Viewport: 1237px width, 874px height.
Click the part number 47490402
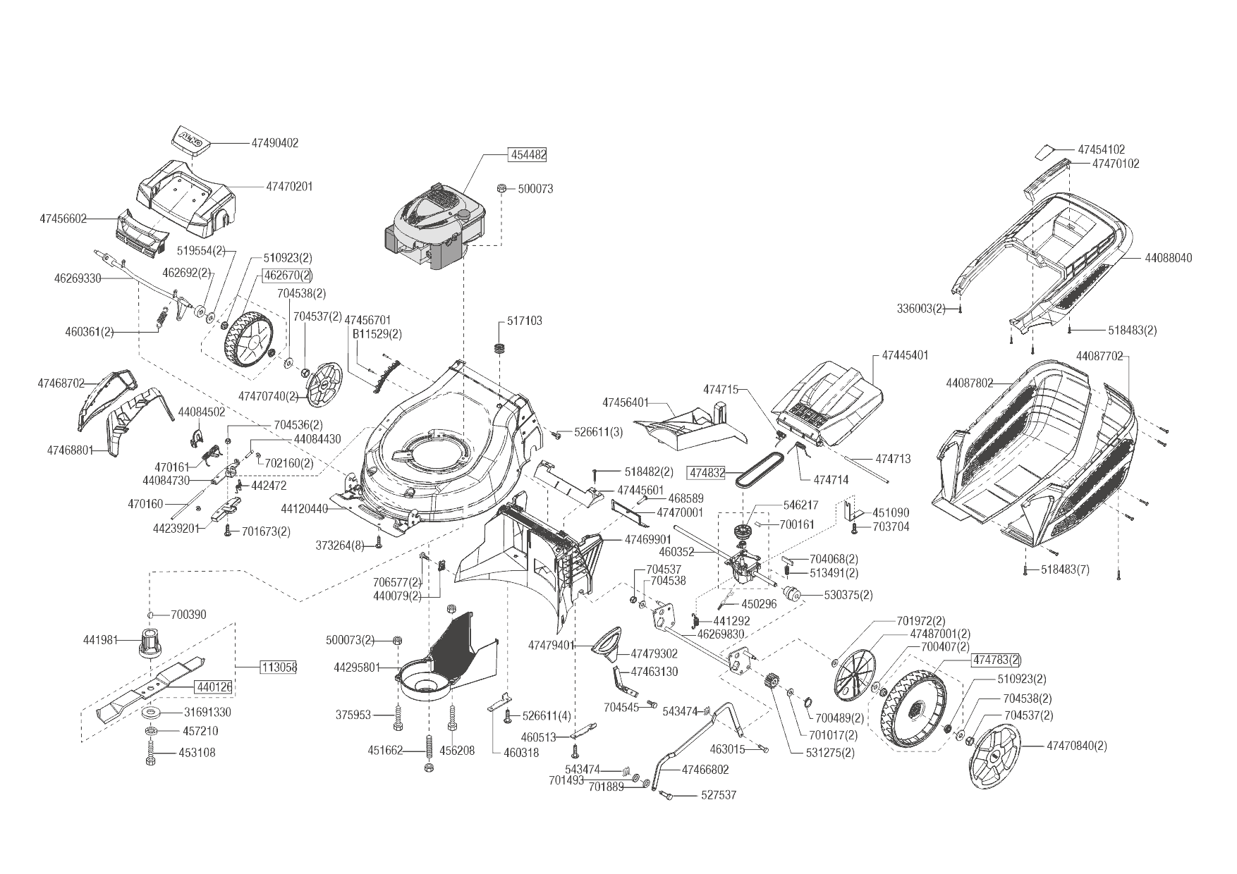[x=274, y=143]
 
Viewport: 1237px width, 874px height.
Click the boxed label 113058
[x=279, y=667]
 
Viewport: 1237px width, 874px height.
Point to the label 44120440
[x=305, y=508]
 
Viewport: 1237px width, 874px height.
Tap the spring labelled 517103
[x=501, y=348]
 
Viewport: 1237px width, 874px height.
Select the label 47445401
[x=906, y=355]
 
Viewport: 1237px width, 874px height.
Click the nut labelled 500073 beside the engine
[x=501, y=188]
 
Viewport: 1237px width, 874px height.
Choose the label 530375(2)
[x=848, y=595]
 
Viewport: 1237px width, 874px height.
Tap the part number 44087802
[x=970, y=383]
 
